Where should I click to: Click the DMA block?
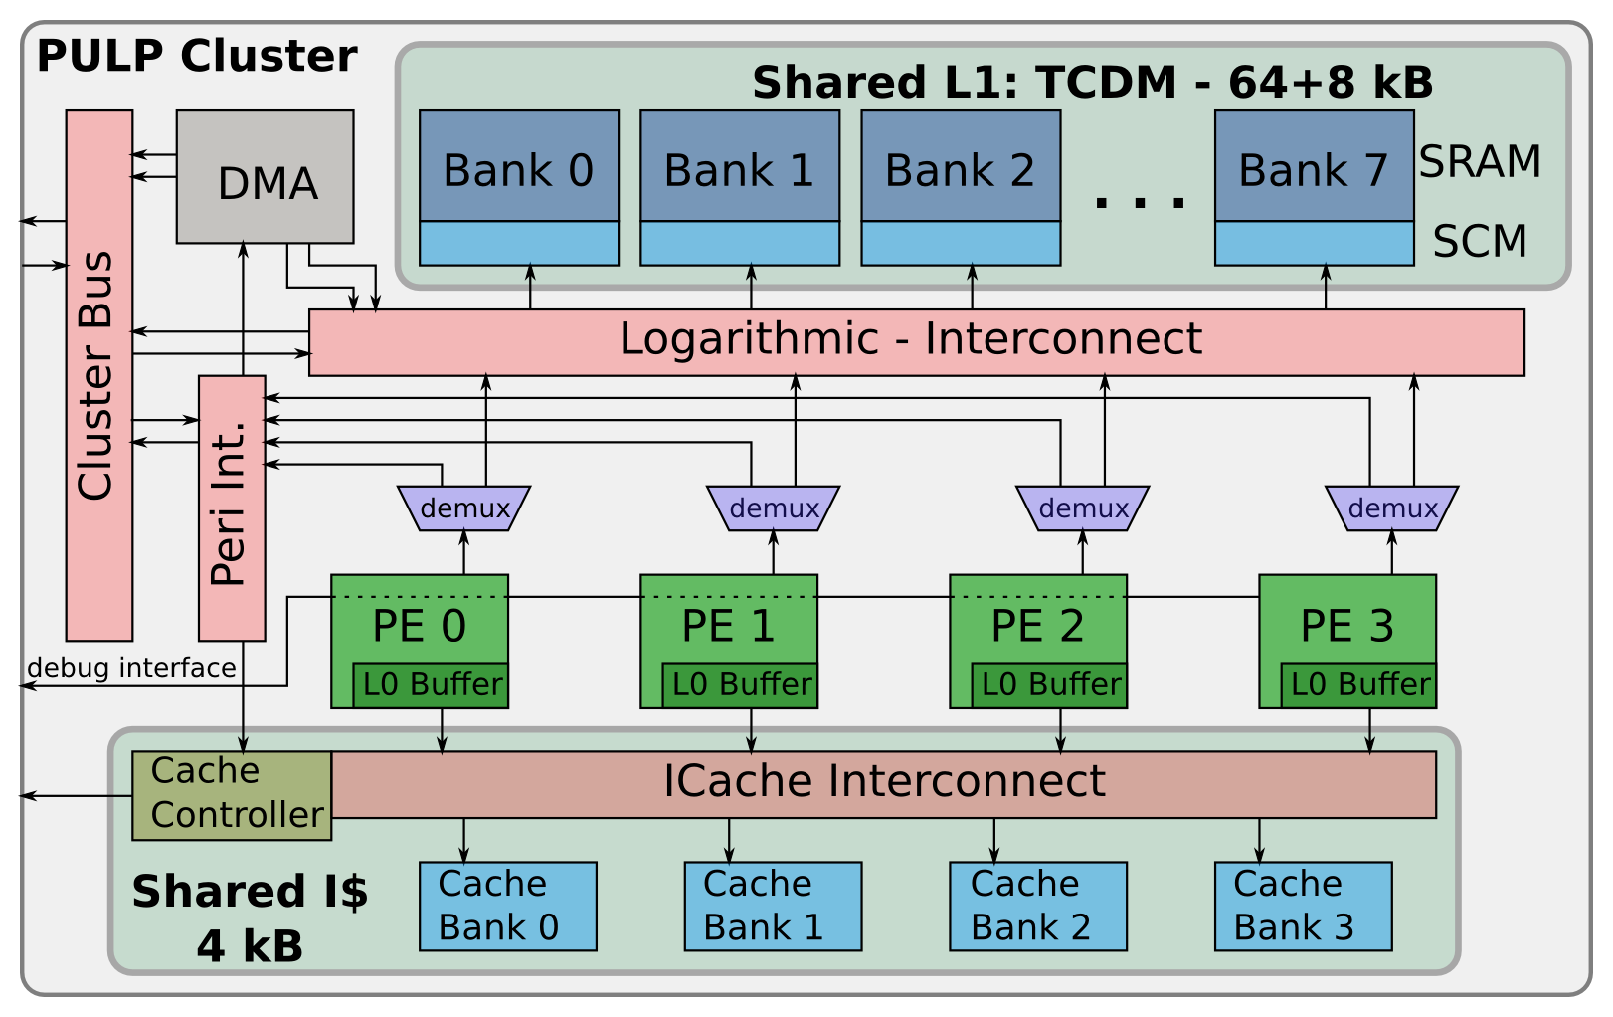(266, 177)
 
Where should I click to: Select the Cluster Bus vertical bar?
(99, 376)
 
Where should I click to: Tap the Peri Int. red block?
(232, 508)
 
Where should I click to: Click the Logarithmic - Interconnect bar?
(915, 341)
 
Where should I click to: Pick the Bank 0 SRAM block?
(519, 167)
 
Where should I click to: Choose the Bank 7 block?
(1314, 167)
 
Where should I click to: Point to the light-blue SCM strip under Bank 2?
(961, 244)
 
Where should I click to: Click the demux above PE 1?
(773, 508)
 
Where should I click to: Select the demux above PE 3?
(1391, 508)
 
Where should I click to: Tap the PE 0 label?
(419, 627)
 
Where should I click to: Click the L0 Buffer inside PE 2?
(1049, 685)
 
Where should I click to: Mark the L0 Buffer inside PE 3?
(1358, 685)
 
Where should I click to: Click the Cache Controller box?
(233, 795)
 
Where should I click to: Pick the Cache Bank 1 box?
(773, 907)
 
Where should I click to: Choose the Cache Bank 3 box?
(1303, 907)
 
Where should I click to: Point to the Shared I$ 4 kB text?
(250, 917)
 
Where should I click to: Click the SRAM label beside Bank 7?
(1479, 162)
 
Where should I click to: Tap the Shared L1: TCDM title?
(1092, 83)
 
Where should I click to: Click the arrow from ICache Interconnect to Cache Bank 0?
(463, 841)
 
